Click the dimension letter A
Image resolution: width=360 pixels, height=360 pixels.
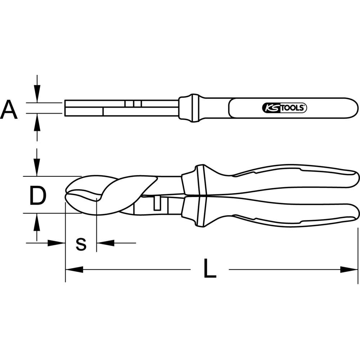[9, 109]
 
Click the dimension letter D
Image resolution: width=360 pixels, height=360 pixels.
[38, 195]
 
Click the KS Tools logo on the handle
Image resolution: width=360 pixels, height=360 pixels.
[284, 108]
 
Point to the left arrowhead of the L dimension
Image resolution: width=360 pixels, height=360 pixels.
[74, 270]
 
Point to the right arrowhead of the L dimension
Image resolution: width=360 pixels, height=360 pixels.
[349, 270]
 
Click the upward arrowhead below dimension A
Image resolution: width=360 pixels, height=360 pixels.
[37, 122]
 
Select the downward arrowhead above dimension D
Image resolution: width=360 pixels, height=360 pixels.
[37, 167]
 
